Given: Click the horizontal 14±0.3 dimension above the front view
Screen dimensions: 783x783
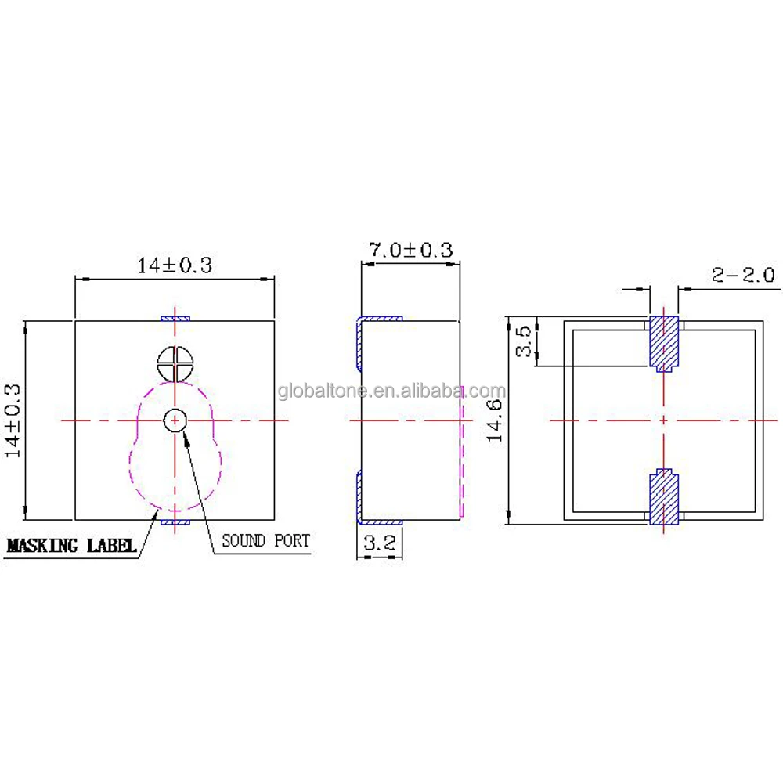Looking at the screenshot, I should (175, 265).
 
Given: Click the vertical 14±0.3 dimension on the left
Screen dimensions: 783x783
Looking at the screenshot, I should (15, 420).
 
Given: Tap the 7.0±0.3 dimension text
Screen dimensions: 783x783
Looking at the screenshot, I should (410, 251).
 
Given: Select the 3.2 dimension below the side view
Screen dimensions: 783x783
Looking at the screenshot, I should (379, 543).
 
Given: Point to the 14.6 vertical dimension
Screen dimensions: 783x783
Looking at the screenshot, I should (495, 420).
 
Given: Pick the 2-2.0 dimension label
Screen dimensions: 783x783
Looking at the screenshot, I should (742, 274).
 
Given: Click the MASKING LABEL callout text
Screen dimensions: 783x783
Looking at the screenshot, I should (71, 546).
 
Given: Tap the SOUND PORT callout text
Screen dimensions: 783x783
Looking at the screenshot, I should (265, 540).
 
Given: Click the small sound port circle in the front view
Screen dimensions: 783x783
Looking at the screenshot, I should (174, 420).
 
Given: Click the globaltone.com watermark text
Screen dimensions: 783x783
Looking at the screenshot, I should (391, 391).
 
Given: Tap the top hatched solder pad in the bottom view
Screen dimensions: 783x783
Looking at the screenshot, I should (664, 342).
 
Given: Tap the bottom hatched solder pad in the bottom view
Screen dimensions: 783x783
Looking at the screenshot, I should (664, 498).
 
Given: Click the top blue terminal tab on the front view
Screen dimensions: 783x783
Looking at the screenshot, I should (175, 318).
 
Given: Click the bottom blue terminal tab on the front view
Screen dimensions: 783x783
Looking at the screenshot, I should (175, 521).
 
